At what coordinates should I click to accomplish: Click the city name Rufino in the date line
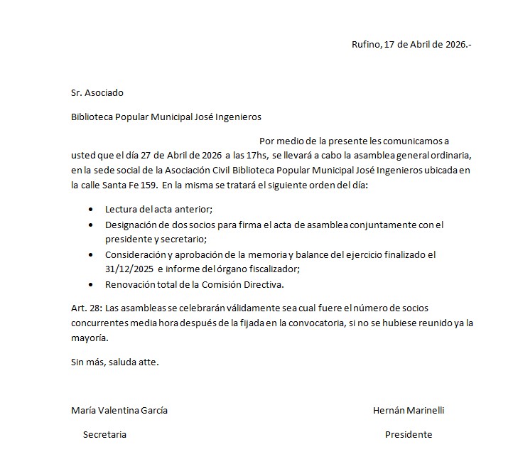(365, 44)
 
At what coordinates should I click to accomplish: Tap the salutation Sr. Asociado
(97, 92)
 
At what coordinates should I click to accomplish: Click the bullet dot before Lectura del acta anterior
(90, 210)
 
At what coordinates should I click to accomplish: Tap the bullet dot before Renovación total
(90, 285)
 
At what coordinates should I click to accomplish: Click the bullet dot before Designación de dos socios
(90, 225)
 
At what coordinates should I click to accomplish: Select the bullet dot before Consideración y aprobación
(90, 254)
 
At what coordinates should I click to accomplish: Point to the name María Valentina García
(119, 411)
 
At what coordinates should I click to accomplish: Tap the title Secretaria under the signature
(104, 434)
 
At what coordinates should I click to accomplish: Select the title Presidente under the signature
(409, 434)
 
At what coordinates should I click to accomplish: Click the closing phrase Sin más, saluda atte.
(115, 362)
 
